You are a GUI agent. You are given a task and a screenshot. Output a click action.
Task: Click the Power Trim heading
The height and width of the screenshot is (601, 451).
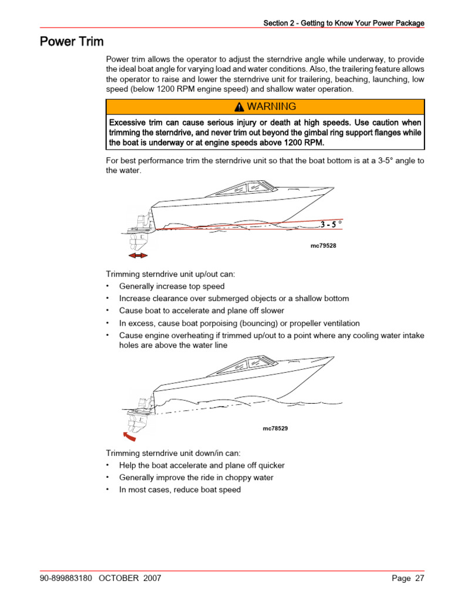click(72, 42)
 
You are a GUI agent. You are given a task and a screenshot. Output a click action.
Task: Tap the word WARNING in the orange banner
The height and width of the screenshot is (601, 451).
click(271, 106)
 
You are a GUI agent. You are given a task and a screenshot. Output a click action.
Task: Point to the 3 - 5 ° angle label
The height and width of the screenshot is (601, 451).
click(331, 224)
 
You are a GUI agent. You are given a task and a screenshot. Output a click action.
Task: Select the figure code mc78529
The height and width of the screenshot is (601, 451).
click(275, 428)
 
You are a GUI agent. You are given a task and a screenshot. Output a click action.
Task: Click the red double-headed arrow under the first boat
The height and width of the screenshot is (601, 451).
click(138, 256)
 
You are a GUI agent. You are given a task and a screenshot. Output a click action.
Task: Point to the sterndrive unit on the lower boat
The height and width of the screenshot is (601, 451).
click(136, 417)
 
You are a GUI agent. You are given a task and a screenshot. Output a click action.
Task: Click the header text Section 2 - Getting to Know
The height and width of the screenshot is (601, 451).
click(343, 23)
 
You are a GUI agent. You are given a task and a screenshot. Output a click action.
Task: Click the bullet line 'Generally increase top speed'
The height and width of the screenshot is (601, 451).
click(171, 286)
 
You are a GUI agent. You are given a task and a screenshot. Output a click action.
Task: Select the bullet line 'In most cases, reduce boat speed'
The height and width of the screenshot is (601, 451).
click(180, 489)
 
